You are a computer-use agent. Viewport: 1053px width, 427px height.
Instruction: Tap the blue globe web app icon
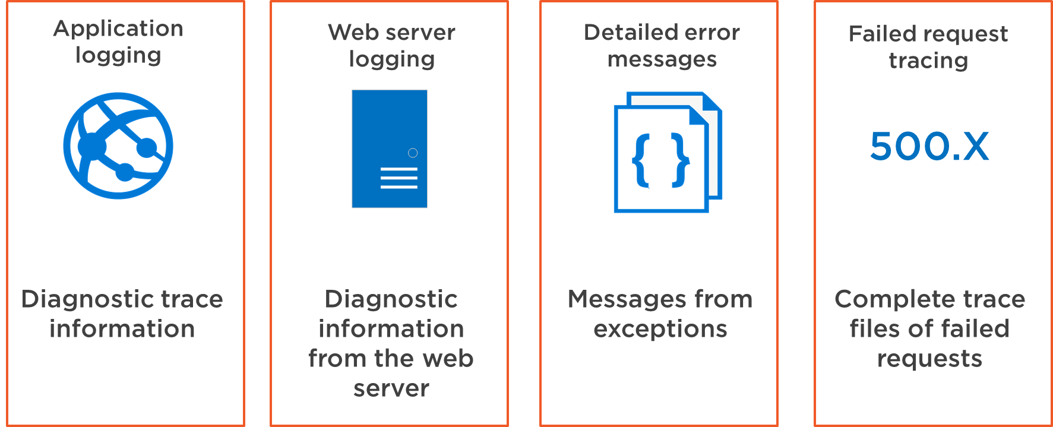coord(118,146)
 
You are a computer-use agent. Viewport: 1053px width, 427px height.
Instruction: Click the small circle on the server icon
coord(413,153)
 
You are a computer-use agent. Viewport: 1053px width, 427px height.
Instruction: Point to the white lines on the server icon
coord(399,178)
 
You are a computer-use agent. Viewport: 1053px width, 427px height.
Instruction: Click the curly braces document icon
coord(667,153)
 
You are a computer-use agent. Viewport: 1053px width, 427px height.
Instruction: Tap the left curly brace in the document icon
coord(641,161)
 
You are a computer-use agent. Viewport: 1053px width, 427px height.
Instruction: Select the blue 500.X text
coord(929,147)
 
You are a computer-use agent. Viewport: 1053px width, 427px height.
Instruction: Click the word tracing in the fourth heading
coord(928,61)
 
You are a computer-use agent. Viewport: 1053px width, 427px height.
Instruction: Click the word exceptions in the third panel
coord(660,329)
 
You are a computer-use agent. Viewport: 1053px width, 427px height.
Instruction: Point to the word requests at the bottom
coord(929,359)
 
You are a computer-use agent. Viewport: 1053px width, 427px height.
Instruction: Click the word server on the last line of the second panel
coord(391,388)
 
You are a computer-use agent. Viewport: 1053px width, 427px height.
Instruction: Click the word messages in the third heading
coord(662,59)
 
